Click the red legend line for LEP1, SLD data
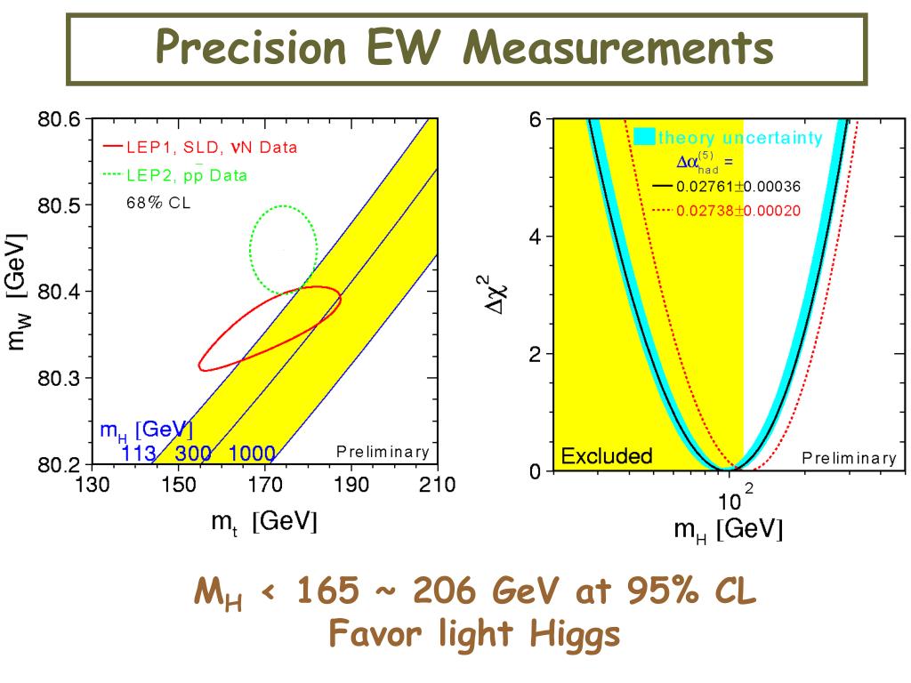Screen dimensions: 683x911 pyautogui.click(x=112, y=146)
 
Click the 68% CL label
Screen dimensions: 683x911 pyautogui.click(x=157, y=202)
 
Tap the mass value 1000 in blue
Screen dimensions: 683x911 pyautogui.click(x=252, y=454)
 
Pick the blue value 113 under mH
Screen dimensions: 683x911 pyautogui.click(x=139, y=454)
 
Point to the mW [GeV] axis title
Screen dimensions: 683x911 pyautogui.click(x=18, y=292)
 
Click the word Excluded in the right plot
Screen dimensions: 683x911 pyautogui.click(x=606, y=457)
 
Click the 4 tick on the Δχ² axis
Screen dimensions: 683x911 pyautogui.click(x=536, y=237)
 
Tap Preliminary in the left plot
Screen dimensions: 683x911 pyautogui.click(x=383, y=452)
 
